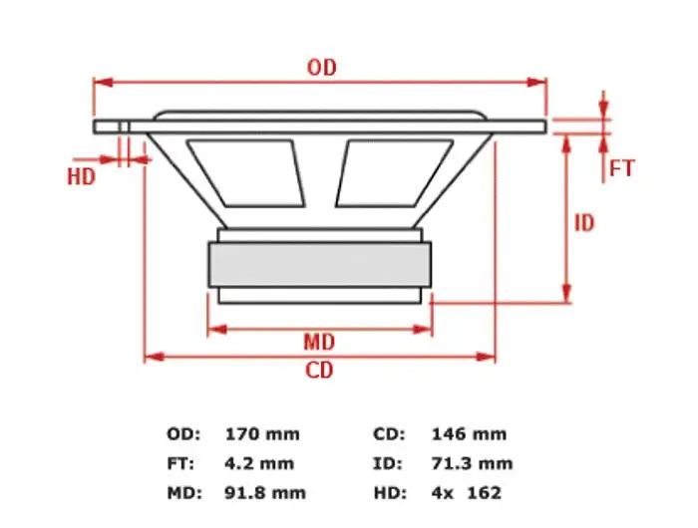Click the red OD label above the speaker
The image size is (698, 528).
322,67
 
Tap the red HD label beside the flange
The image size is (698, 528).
82,176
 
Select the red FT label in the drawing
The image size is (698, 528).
621,168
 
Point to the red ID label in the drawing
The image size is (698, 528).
584,223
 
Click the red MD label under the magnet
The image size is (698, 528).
319,343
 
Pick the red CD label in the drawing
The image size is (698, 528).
319,370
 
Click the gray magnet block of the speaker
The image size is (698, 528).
320,265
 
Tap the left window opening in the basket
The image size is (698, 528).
245,173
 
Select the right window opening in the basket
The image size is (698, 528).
395,173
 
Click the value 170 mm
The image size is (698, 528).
262,434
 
